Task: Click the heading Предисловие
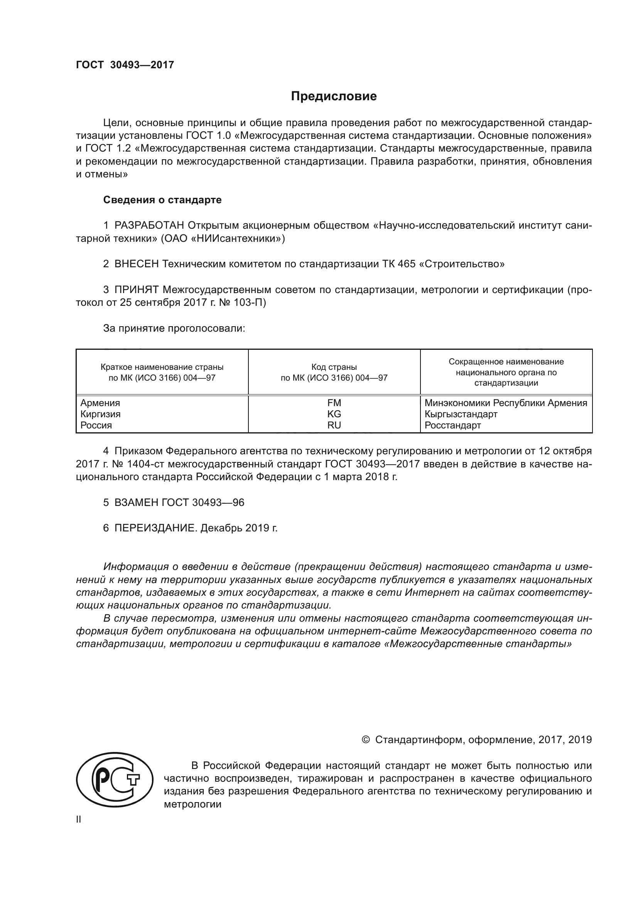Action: click(x=334, y=96)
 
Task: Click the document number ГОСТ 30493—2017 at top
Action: click(x=125, y=65)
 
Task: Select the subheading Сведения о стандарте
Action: click(x=162, y=200)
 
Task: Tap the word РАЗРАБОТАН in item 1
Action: click(x=149, y=226)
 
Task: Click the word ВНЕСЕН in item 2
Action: click(x=137, y=264)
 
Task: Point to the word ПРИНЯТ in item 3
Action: click(x=136, y=290)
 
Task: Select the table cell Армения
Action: click(x=100, y=403)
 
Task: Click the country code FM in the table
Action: click(x=334, y=403)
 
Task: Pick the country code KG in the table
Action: click(x=334, y=414)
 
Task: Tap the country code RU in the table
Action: click(x=334, y=425)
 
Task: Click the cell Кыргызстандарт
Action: click(x=461, y=414)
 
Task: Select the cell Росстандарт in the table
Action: click(x=452, y=425)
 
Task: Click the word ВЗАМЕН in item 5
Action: click(x=136, y=502)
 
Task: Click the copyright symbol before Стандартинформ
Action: click(x=365, y=740)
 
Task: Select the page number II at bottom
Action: click(x=79, y=819)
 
